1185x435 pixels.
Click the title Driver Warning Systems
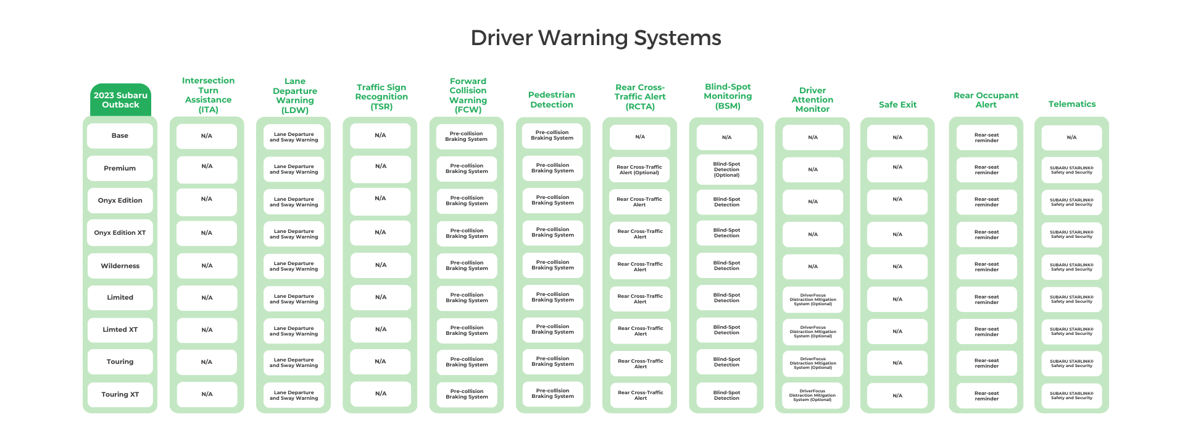click(596, 38)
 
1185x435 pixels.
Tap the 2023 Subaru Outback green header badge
click(120, 100)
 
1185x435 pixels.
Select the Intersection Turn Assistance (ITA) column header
click(208, 95)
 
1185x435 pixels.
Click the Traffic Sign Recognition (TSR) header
click(381, 97)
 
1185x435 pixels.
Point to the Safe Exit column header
click(897, 105)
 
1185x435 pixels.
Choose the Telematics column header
click(1071, 104)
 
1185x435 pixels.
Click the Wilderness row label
click(120, 266)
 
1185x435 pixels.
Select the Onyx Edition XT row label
click(120, 233)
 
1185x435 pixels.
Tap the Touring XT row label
click(120, 394)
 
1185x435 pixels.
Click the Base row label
click(120, 136)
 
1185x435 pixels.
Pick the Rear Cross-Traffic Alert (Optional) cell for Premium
click(639, 170)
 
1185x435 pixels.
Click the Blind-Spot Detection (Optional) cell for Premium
click(726, 170)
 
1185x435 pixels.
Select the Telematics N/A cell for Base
click(1071, 138)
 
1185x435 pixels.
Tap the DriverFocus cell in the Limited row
click(813, 300)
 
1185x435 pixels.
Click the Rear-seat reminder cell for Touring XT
click(986, 396)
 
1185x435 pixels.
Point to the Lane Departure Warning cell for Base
click(294, 137)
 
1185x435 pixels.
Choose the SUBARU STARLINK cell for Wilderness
click(1071, 267)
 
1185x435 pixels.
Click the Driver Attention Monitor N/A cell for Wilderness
click(813, 267)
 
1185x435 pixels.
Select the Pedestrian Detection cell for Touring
click(552, 361)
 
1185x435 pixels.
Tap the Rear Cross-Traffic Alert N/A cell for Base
click(639, 137)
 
